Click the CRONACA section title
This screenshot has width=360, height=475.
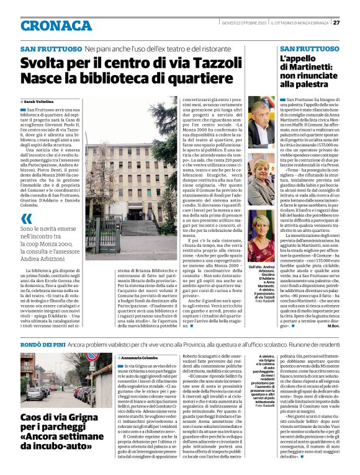pos(56,25)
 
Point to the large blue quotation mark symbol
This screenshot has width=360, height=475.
pos(27,218)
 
